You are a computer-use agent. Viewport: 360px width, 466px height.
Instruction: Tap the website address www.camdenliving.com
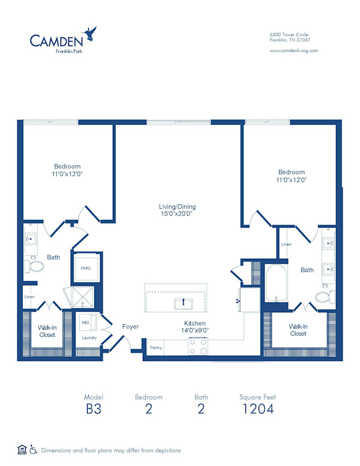coord(294,50)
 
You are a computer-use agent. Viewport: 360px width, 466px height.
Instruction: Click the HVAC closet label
coord(86,268)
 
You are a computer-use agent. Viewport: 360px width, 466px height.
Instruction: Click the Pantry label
coord(156,348)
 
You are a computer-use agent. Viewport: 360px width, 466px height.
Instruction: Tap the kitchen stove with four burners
coord(199,346)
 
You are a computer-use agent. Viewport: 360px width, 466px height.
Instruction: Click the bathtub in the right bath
coord(277,284)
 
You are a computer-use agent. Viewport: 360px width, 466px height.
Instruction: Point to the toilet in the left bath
coord(35,266)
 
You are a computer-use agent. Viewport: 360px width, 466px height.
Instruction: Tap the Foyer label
coord(130,327)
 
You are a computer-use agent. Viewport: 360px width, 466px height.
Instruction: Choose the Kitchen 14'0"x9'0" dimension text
coord(196,327)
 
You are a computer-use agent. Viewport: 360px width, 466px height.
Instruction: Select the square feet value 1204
coord(257,410)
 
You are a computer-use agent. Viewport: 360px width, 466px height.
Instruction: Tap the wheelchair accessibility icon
coord(34,449)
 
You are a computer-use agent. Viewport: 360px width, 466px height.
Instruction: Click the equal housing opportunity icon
coord(22,449)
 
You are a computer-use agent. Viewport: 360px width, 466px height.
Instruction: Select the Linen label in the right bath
coord(286,244)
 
